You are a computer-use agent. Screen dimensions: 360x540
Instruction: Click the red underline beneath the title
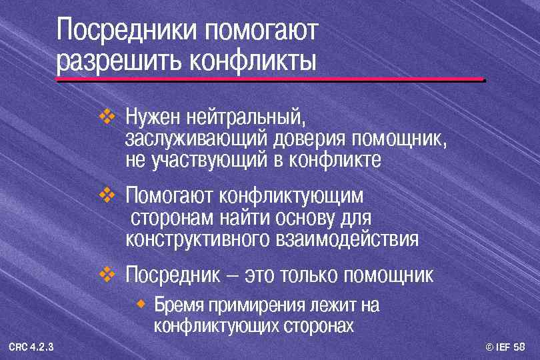[270, 80]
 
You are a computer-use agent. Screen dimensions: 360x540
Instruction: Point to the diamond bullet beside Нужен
[107, 118]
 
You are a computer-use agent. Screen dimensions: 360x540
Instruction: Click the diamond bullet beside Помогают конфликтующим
[107, 196]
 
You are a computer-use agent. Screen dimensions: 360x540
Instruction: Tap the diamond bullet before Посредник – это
[107, 273]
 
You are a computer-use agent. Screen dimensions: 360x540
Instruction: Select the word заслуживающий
[195, 140]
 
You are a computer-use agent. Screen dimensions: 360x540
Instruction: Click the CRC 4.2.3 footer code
[31, 346]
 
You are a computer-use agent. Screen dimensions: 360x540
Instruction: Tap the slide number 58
[520, 346]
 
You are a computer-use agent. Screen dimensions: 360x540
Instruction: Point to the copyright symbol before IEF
[489, 346]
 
